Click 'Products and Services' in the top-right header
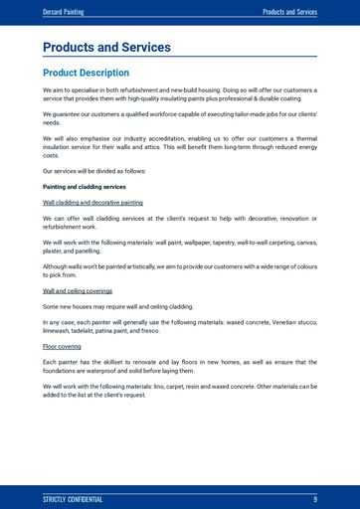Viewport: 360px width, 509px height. pos(289,12)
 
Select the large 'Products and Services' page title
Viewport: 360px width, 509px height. pos(106,47)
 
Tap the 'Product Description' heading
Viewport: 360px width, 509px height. pos(86,73)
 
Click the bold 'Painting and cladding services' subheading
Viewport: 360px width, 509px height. pos(85,186)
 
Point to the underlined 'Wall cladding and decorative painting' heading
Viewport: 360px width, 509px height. pos(92,202)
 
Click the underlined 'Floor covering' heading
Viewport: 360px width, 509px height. pos(62,346)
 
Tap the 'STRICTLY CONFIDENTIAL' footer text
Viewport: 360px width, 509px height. pos(73,498)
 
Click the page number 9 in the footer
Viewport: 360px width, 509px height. pos(314,498)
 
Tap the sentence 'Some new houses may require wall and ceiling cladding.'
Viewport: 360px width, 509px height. pos(118,307)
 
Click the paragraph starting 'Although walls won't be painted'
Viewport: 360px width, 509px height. pos(179,270)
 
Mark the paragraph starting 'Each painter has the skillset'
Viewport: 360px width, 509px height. pos(179,366)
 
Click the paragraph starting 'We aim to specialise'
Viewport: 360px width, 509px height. pos(179,94)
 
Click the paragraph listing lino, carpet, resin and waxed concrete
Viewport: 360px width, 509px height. pos(179,391)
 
